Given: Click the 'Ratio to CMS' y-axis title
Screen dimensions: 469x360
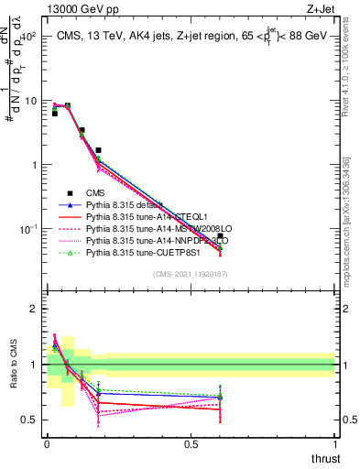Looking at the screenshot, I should [12, 365].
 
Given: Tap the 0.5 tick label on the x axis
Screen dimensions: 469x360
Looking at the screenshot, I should [191, 444].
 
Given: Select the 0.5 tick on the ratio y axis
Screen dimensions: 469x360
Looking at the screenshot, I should [28, 420].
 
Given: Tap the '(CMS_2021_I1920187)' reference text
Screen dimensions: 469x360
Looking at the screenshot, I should [191, 274].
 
